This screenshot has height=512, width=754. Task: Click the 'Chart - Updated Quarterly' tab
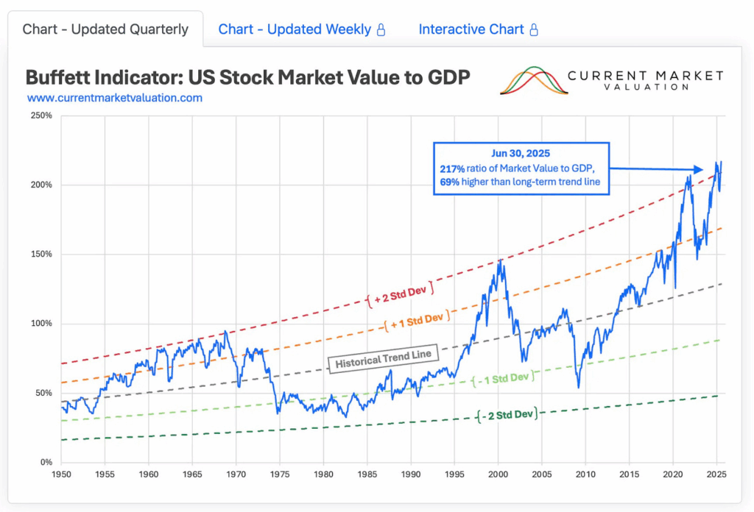pyautogui.click(x=105, y=29)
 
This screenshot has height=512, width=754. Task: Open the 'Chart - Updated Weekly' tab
pyautogui.click(x=295, y=29)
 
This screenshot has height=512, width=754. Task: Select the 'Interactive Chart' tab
pyautogui.click(x=471, y=29)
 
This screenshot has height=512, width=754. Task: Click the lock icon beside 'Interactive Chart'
pyautogui.click(x=534, y=30)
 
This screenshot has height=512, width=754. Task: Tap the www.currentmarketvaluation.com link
pyautogui.click(x=115, y=97)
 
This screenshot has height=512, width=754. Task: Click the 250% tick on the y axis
pyautogui.click(x=40, y=115)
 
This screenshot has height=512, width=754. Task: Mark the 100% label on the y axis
pyautogui.click(x=40, y=324)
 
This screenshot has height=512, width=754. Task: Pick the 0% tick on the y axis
pyautogui.click(x=46, y=463)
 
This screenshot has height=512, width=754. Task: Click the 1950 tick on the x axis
pyautogui.click(x=61, y=476)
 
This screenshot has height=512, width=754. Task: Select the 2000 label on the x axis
pyautogui.click(x=498, y=476)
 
